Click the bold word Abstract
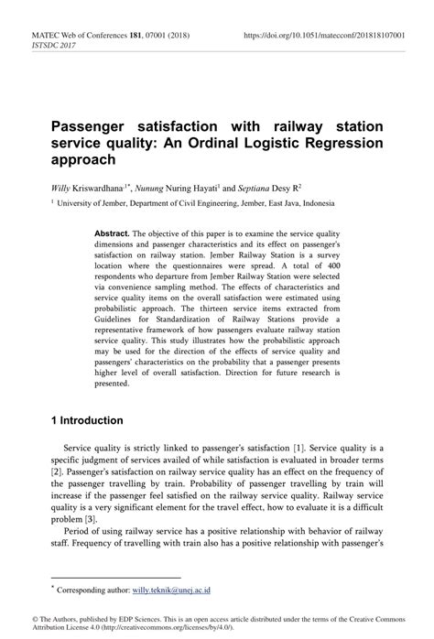click(113, 233)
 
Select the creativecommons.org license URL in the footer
click(137, 628)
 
